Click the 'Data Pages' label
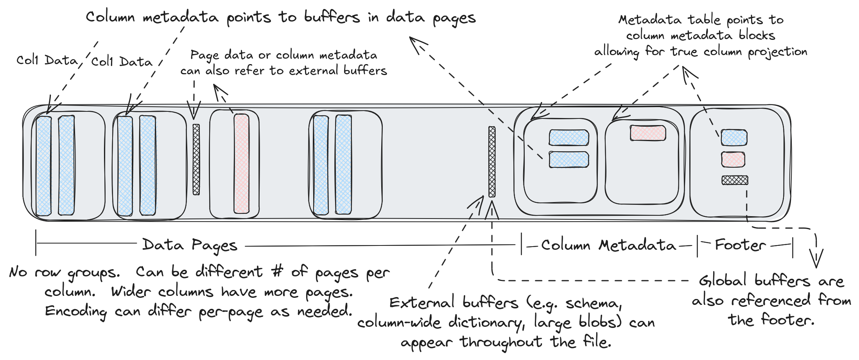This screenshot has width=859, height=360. pyautogui.click(x=190, y=245)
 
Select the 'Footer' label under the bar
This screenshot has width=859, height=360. pyautogui.click(x=740, y=245)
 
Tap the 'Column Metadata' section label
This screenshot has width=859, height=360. pyautogui.click(x=608, y=245)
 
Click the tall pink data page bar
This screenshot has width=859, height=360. pyautogui.click(x=241, y=163)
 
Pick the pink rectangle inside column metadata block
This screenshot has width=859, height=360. pyautogui.click(x=647, y=133)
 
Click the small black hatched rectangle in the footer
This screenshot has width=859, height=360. pyautogui.click(x=735, y=180)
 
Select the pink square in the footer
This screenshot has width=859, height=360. pyautogui.click(x=733, y=159)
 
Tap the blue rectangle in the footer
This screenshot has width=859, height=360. pyautogui.click(x=734, y=138)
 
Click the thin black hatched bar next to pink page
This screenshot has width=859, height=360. pyautogui.click(x=196, y=159)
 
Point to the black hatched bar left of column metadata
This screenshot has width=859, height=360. pyautogui.click(x=492, y=161)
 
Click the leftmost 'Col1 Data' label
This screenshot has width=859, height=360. pyautogui.click(x=47, y=60)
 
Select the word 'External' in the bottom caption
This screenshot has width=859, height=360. pyautogui.click(x=422, y=303)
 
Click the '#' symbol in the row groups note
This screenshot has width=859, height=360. pyautogui.click(x=277, y=272)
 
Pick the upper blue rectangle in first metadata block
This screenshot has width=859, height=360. pyautogui.click(x=568, y=138)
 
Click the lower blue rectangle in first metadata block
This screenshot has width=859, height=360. pyautogui.click(x=568, y=159)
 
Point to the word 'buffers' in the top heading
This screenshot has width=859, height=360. pyautogui.click(x=332, y=17)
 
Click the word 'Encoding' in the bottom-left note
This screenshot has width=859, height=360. pyautogui.click(x=76, y=312)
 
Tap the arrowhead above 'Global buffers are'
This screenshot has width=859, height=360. pyautogui.click(x=816, y=259)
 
